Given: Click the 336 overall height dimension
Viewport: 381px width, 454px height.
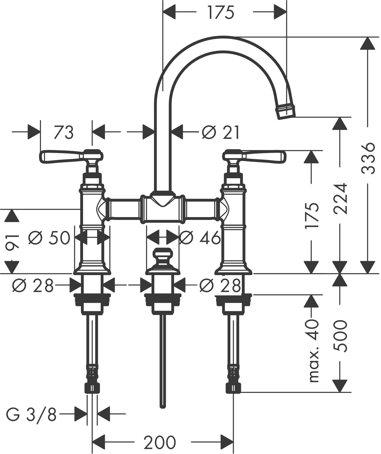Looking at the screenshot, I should pos(368,158).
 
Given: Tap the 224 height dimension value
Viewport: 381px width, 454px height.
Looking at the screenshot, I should pos(340,198).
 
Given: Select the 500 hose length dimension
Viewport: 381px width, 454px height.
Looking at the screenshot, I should pos(340,335).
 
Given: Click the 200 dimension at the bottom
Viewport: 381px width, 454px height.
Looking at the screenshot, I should pos(160,443).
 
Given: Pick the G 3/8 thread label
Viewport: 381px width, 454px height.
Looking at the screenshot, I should pos(32,415).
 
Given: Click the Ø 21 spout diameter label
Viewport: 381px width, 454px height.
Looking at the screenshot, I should pos(221,132).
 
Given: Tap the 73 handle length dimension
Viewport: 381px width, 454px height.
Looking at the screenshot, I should pos(64,132).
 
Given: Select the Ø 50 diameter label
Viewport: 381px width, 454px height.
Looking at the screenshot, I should pos(49,238).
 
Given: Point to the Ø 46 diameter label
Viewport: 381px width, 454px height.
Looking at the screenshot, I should pos(200,238).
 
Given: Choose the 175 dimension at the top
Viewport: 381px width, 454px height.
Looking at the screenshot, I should pos(221,13).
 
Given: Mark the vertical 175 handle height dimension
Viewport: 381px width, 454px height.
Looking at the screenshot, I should pos(312,215).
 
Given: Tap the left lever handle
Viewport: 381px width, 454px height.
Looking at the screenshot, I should pos(61,156).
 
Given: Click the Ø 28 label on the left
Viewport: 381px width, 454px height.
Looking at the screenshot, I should pos(33,285).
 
